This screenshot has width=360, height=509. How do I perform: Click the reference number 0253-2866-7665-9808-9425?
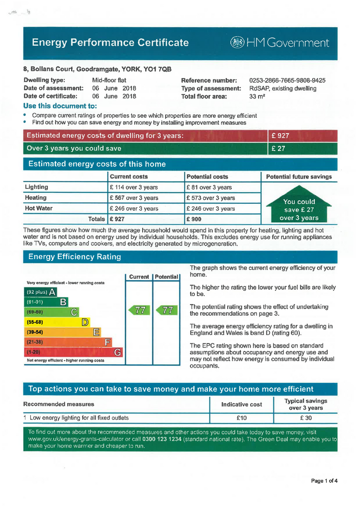pos(287,81)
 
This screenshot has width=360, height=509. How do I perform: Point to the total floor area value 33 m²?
pos(257,96)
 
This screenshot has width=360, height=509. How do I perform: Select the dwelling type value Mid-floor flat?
pos(109,81)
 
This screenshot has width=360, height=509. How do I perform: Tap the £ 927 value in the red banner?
pos(280,136)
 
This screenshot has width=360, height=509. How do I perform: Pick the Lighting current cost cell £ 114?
pos(134,187)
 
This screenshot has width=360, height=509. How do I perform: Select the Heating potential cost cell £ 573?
pos(211,198)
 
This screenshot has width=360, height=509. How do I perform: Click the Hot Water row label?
pos(39,208)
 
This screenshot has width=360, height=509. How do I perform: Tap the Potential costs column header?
pos(207,176)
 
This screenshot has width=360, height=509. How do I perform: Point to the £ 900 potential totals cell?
pos(194,219)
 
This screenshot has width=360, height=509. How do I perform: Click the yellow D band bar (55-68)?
pos(58,322)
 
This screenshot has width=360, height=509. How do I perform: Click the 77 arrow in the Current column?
pos(139,311)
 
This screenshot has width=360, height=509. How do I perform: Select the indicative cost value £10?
pos(242,418)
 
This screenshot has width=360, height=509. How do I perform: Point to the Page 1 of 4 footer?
pos(324,481)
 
